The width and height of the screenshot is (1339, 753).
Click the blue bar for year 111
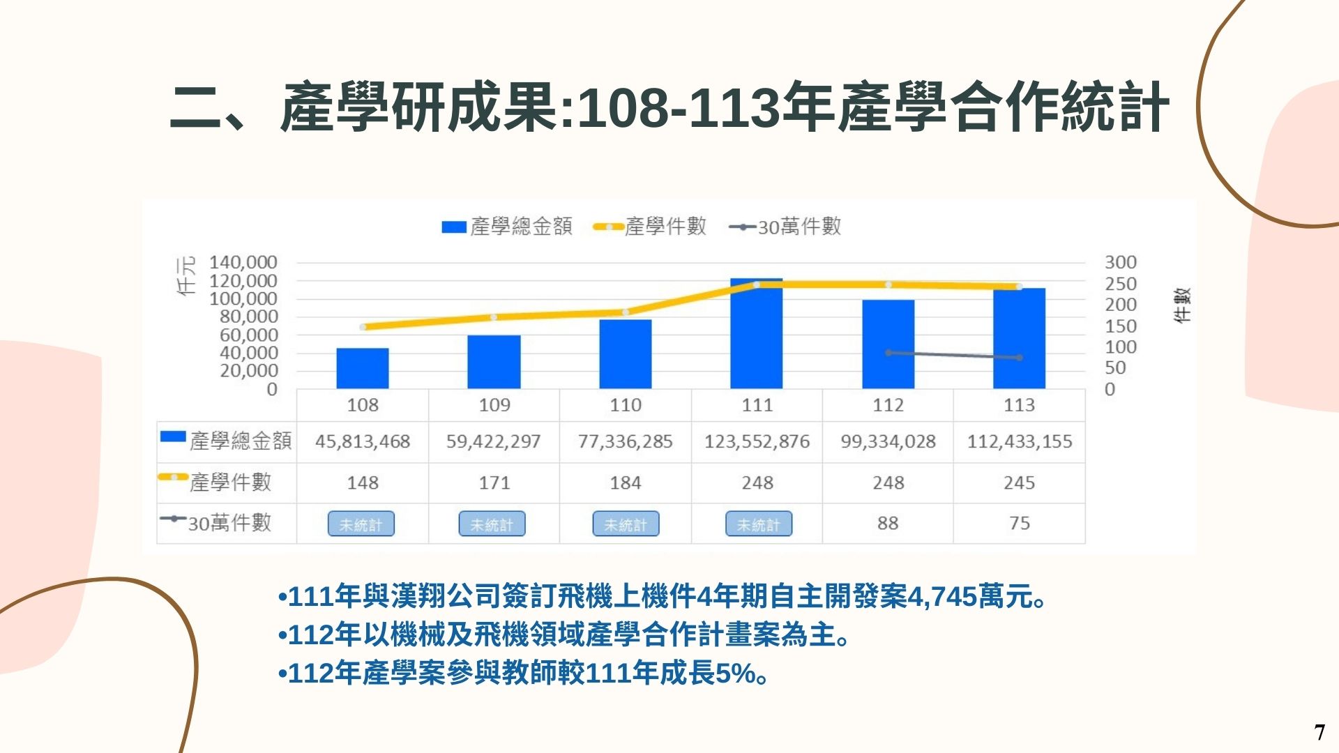point(757,335)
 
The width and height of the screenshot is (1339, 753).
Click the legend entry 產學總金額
point(507,227)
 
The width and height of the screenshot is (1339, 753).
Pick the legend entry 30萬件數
point(785,227)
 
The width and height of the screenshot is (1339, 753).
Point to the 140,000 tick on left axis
point(243,262)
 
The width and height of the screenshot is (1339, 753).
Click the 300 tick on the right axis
point(1120,262)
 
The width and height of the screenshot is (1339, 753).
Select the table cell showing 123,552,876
point(757,441)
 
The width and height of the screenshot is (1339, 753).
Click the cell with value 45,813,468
point(363,441)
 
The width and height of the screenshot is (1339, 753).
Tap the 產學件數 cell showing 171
point(494,482)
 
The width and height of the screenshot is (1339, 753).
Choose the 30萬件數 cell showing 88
point(888,523)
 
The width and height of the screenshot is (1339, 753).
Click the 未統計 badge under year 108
point(361,524)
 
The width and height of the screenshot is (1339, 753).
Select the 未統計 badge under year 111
point(759,524)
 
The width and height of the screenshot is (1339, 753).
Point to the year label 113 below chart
point(1019,405)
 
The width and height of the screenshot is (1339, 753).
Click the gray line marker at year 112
point(888,353)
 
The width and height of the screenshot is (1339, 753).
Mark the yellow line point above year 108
point(363,327)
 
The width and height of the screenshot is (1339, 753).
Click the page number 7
point(1319,732)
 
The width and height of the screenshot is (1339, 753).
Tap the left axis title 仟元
point(186,276)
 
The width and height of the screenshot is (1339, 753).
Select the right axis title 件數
point(1183,305)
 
